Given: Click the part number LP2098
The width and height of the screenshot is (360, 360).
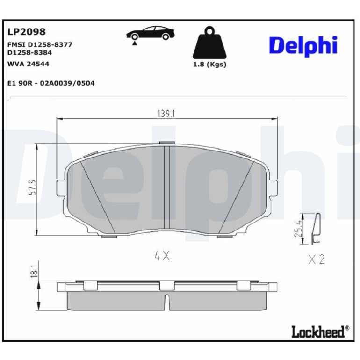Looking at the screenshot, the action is (26, 32).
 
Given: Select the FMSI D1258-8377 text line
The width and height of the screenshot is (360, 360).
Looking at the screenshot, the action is (40, 44).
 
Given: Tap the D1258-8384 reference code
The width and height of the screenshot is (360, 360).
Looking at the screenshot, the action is (29, 52).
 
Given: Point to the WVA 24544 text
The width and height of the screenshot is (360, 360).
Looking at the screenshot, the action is (28, 64).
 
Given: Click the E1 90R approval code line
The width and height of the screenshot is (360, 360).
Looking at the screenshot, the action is (51, 83).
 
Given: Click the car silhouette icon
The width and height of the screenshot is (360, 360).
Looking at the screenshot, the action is (150, 33).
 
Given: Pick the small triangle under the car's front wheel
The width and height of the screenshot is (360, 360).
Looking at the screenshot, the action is (135, 43).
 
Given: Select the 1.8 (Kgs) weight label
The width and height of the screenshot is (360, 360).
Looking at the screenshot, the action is (209, 65).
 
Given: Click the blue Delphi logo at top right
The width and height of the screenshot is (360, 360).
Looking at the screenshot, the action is (303, 45).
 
